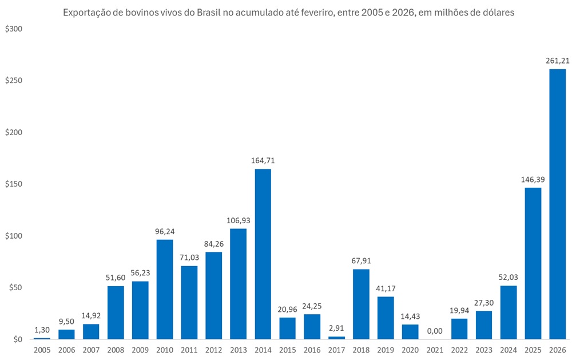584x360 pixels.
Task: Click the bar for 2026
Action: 557,204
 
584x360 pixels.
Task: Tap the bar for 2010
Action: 165,289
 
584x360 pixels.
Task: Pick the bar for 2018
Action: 361,304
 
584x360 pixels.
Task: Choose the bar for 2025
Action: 533,263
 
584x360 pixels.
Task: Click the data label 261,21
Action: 557,61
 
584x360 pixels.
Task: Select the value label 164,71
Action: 263,160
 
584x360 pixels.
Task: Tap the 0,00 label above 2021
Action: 434,331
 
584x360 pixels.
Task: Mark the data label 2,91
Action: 336,328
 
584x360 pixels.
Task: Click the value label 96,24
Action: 165,231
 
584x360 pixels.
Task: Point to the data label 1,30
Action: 42,330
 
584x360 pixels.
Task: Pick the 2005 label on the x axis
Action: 42,349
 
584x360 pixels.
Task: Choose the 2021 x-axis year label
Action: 434,349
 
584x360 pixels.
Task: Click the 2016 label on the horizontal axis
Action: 312,349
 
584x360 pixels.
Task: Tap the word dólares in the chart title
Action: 497,13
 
